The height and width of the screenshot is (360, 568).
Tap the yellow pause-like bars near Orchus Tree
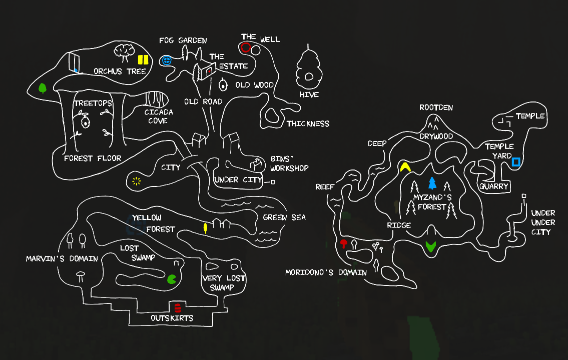click(143, 59)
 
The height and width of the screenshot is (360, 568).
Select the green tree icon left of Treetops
click(43, 88)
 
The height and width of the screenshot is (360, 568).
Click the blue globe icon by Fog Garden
click(167, 60)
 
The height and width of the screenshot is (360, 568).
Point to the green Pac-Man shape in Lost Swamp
click(171, 279)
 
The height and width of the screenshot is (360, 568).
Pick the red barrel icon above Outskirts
click(178, 308)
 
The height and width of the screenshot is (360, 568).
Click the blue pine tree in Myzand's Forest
click(432, 183)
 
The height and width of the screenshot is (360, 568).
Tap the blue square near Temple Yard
click(516, 161)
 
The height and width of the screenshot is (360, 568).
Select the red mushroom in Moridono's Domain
click(343, 243)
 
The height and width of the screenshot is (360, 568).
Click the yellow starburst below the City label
click(136, 181)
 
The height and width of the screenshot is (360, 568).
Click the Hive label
click(309, 94)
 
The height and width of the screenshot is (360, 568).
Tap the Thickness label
click(308, 123)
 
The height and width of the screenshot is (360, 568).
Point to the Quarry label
click(494, 186)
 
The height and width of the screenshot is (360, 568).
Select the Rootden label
click(436, 107)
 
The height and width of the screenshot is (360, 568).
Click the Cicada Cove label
click(159, 116)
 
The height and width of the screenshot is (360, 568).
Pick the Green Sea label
click(284, 217)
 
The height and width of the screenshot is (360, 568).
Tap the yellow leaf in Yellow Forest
click(205, 228)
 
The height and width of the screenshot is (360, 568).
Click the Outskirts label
click(172, 318)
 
